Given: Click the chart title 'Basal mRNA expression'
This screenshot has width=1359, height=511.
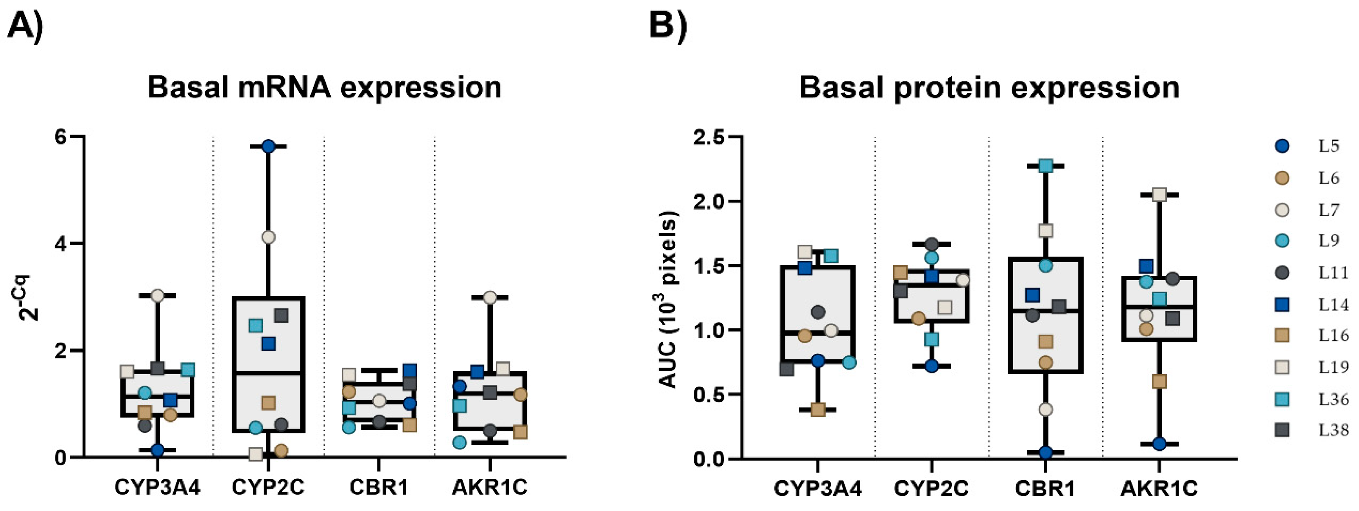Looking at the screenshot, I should point(324,87).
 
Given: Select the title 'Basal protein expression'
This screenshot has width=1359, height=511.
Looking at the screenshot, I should point(989,87).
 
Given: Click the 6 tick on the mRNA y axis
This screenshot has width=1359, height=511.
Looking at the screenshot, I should point(62,136).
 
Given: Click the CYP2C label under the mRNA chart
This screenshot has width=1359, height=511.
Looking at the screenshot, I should point(268,488).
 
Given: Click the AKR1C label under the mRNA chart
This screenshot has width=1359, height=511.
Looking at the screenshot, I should point(490,488).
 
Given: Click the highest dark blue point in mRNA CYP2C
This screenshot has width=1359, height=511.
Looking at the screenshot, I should point(268,146).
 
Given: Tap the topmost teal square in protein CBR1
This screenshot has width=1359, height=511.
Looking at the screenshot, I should point(1046,166).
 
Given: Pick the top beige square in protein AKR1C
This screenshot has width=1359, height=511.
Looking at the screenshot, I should point(1159,195).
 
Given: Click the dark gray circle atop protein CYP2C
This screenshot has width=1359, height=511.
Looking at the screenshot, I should point(932,244).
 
